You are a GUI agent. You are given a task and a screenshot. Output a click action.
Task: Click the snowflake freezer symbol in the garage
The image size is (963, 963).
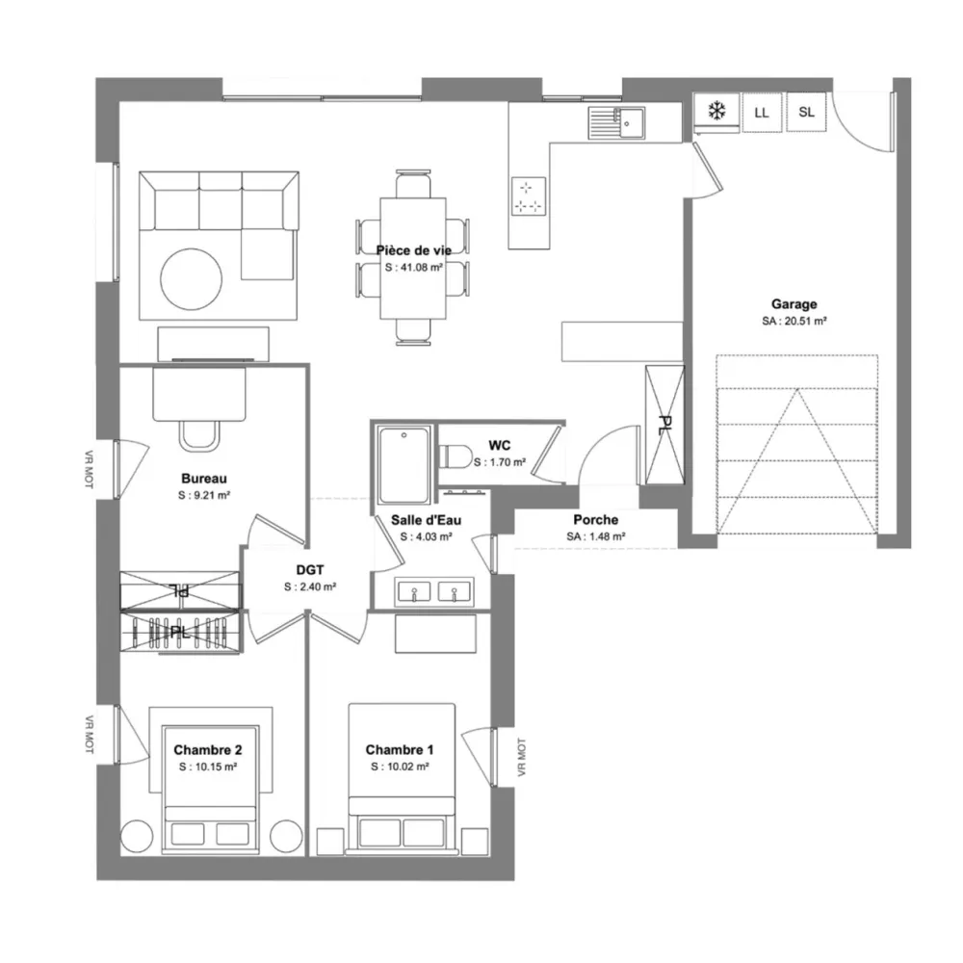coord(716,111)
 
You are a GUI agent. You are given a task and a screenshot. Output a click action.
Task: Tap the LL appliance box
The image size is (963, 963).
coord(762,113)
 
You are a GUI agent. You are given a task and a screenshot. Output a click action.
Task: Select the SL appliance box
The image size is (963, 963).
coord(806,112)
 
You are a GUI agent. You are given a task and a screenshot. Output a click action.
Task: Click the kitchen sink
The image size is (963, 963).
coord(616,123)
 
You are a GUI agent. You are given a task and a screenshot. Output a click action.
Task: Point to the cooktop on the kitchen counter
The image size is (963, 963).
coord(529,196)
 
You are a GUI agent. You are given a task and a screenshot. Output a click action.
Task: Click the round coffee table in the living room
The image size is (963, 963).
coord(191,279)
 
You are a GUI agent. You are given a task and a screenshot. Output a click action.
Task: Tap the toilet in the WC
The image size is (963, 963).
coord(455,455)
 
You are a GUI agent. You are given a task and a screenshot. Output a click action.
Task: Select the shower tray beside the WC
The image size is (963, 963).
coord(404,465)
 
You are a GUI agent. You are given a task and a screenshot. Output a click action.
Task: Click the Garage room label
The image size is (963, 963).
coord(794,304)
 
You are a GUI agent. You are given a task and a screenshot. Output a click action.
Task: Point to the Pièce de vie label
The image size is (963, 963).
coord(414,250)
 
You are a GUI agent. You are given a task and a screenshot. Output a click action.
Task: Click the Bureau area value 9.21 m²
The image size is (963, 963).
coord(204,495)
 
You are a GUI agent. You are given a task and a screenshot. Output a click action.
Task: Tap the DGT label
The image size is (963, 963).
coord(310,570)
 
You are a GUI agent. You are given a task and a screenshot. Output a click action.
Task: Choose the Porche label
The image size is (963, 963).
coord(596,520)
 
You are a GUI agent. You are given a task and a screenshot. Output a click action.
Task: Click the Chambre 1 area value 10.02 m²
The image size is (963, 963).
coord(400,767)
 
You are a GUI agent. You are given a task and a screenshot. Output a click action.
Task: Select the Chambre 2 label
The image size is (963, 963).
coord(208,750)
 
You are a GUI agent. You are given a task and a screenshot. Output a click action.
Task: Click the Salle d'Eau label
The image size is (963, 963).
coord(427,520)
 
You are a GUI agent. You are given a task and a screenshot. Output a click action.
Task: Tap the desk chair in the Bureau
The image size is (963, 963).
coord(199,435)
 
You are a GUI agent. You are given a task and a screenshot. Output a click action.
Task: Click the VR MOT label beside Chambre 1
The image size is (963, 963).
coord(521,757)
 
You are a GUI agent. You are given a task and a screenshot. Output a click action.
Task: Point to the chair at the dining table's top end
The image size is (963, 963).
coord(413,184)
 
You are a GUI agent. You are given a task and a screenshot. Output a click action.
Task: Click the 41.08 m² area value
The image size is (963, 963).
coord(414,268)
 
